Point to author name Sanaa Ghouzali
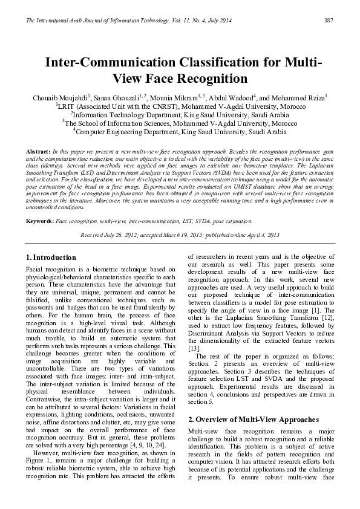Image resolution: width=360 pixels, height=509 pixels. pyautogui.click(x=116, y=97)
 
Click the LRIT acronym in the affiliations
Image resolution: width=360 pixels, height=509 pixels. pyautogui.click(x=66, y=106)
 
